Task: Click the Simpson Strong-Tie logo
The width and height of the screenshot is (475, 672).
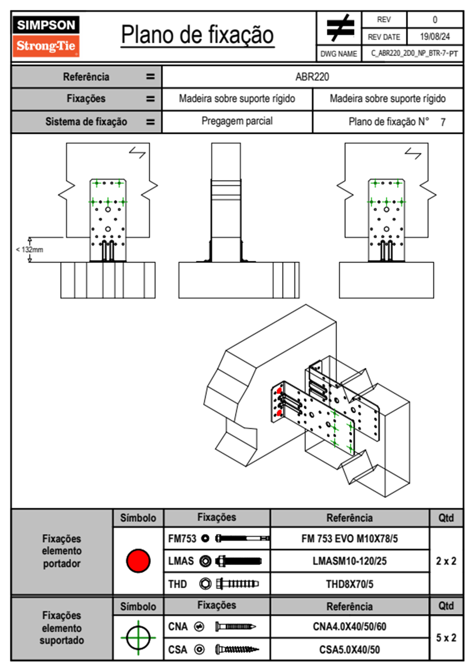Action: click(x=46, y=36)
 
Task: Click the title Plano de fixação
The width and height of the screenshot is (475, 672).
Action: click(x=197, y=35)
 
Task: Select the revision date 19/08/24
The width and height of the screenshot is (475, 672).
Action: click(x=435, y=37)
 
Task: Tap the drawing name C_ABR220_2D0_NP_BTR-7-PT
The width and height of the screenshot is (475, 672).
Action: click(x=414, y=54)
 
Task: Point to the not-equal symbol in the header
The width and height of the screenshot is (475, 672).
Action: click(x=340, y=28)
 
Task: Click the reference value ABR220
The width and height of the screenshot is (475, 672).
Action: click(x=312, y=77)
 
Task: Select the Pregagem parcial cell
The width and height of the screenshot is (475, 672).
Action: click(x=237, y=121)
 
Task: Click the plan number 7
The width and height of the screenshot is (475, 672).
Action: click(x=443, y=122)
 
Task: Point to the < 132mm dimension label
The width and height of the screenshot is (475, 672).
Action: click(x=30, y=250)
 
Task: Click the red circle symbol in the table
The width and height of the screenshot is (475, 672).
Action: click(x=138, y=561)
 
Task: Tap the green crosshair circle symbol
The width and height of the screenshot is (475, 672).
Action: click(x=138, y=638)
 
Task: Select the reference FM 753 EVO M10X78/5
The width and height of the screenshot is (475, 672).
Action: click(x=349, y=539)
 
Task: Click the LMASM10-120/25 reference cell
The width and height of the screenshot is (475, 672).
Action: click(x=349, y=561)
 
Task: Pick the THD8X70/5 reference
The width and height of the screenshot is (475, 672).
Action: click(x=349, y=584)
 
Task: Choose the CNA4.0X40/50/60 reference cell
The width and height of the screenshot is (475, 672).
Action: click(x=349, y=626)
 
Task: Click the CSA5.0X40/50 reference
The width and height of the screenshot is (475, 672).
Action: click(x=349, y=650)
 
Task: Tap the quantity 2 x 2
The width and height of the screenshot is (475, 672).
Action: click(x=446, y=561)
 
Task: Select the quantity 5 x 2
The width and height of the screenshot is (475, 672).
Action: click(x=446, y=638)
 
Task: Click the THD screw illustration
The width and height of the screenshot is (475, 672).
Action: click(x=237, y=584)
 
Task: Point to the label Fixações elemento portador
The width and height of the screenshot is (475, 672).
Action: click(x=62, y=551)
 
